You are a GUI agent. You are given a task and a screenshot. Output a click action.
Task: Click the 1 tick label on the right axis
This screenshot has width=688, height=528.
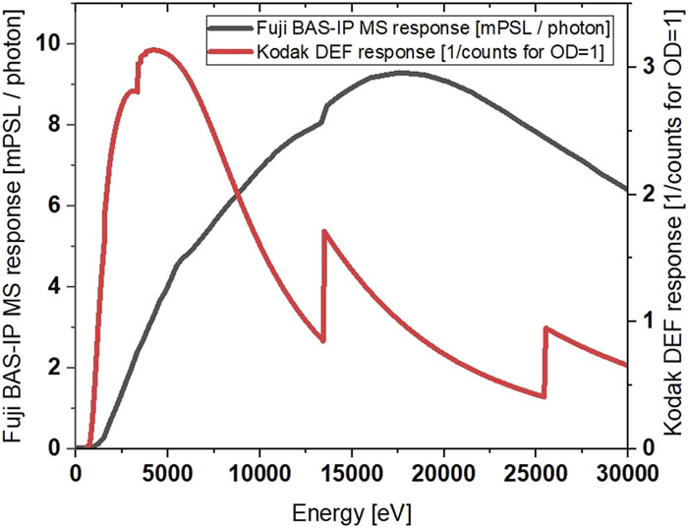648,321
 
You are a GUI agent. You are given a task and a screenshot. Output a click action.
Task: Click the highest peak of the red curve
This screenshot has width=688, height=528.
152,49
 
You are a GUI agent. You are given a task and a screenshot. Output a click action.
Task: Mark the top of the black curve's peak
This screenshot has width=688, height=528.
400,72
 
